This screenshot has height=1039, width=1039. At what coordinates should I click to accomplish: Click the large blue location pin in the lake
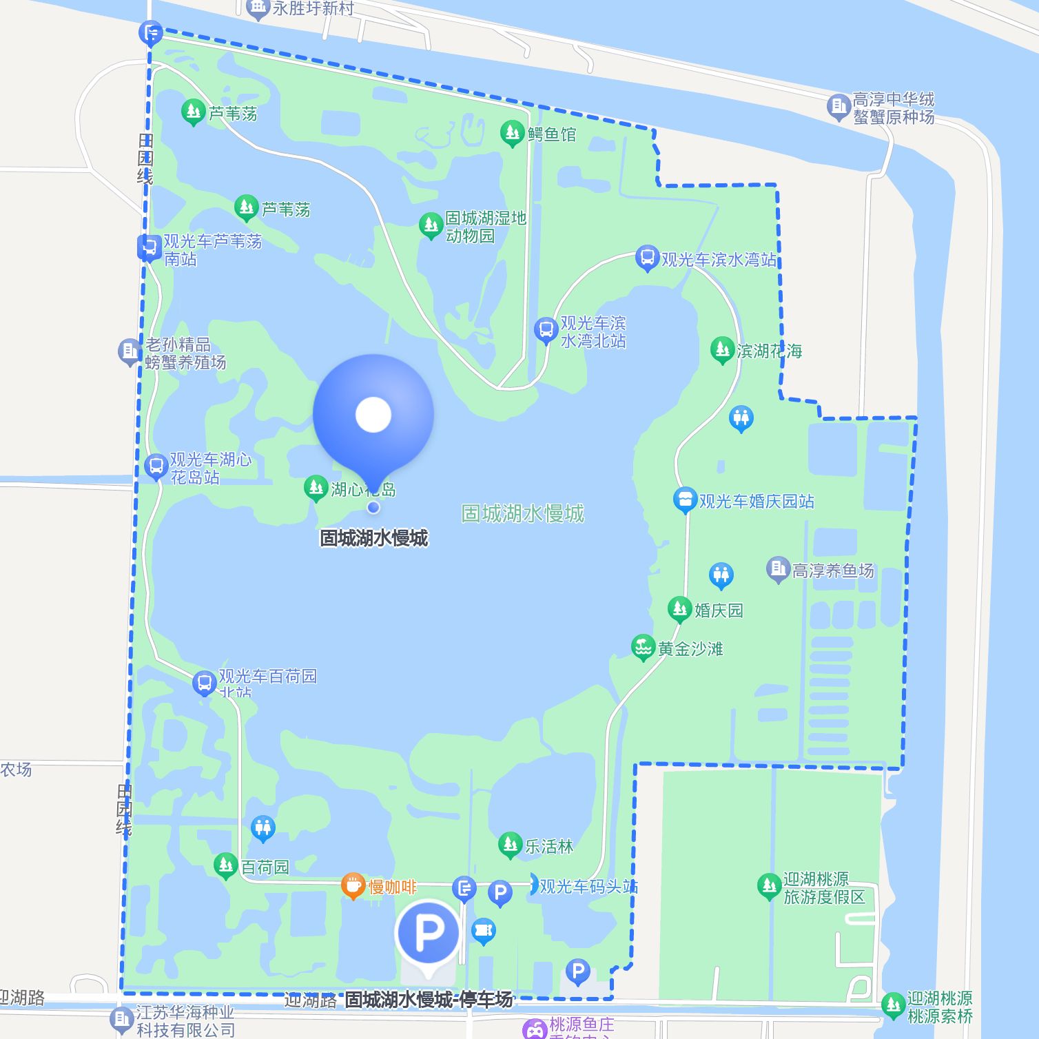[x=373, y=415]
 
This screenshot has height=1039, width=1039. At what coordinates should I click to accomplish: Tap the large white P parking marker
[x=428, y=933]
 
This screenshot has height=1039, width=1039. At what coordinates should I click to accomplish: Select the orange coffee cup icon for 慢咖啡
[x=353, y=886]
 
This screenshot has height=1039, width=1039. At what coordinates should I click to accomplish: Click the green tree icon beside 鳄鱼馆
[x=512, y=133]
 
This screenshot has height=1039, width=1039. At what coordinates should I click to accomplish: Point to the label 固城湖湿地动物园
[x=485, y=227]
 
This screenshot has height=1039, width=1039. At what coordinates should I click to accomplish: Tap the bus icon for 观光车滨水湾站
[x=647, y=258]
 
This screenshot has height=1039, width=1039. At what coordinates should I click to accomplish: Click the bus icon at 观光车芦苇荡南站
[x=149, y=248]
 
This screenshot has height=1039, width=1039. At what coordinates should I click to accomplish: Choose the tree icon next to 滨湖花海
[x=722, y=350]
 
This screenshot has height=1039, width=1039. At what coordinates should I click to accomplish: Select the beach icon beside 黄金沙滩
[x=643, y=648]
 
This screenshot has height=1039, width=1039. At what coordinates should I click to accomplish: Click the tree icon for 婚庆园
[x=679, y=609]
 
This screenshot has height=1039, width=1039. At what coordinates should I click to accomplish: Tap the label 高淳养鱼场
[x=832, y=570]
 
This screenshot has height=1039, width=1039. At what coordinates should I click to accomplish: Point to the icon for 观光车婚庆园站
[x=685, y=500]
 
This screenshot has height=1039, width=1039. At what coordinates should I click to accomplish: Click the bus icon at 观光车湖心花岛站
[x=156, y=466]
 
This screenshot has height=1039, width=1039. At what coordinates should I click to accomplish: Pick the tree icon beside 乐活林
[x=510, y=845]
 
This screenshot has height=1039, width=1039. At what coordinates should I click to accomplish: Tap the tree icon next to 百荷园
[x=225, y=865]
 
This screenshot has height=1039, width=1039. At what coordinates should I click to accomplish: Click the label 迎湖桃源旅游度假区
[x=823, y=887]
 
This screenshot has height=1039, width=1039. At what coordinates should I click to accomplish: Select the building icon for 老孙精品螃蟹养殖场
[x=129, y=352]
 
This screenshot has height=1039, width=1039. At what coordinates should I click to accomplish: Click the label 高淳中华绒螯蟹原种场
[x=893, y=108]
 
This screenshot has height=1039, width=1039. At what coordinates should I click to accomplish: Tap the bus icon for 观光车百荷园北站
[x=204, y=683]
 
